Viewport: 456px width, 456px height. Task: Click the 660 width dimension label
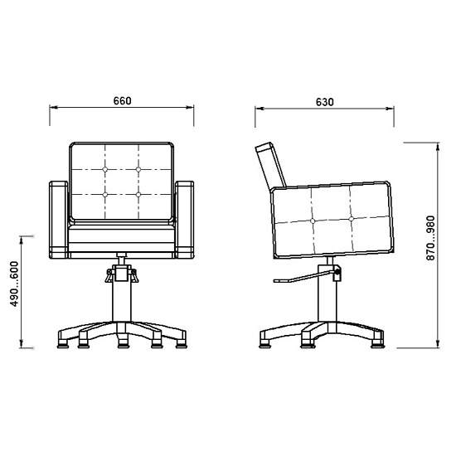point(123,101)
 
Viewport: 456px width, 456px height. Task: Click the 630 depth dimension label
point(324,102)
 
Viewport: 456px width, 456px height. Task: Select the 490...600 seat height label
point(14,284)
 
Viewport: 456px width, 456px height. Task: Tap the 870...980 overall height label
point(430,238)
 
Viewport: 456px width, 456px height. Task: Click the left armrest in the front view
point(59,220)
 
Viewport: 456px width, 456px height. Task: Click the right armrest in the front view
point(184,220)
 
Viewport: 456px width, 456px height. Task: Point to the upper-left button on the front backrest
point(105,169)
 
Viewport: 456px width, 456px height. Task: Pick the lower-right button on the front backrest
point(138,195)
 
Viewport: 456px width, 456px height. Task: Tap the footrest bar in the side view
point(304,277)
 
